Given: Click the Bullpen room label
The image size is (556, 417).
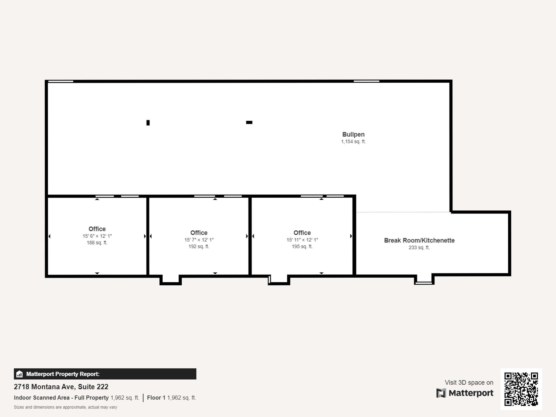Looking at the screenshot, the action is click(353, 134).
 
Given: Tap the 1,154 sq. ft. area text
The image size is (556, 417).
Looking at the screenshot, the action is click(353, 142).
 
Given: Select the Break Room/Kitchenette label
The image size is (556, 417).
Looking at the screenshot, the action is click(419, 240).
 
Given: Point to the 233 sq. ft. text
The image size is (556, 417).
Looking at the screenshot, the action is click(419, 247).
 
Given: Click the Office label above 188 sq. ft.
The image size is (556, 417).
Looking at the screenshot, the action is click(97, 229).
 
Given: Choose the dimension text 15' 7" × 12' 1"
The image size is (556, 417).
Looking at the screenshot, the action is click(199, 240).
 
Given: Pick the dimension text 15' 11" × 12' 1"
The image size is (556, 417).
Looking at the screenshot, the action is click(302, 240).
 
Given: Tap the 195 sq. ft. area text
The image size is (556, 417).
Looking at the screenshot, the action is click(302, 246).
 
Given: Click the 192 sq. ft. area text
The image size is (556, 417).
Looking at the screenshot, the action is click(199, 246).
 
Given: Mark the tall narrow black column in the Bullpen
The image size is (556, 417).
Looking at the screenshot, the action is click(148, 123).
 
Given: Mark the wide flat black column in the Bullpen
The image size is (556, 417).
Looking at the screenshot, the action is click(249, 122).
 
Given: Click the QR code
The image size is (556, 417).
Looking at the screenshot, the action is click(521, 389).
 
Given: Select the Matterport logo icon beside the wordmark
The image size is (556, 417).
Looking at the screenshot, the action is click(441, 393).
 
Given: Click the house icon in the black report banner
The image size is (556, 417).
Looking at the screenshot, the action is click(19, 374).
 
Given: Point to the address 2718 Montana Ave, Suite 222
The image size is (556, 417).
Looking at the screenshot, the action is click(61, 387).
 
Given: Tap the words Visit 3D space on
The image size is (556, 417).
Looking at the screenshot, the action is click(469, 383).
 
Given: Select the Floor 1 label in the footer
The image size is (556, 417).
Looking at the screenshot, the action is click(156, 398).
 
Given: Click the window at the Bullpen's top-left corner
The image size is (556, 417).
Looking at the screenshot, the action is click(61, 81).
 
